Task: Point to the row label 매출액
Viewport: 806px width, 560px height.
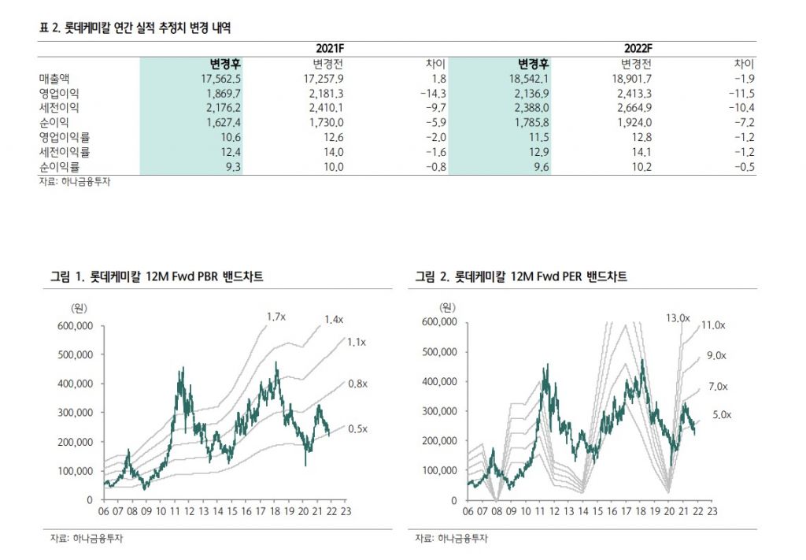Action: (x=54, y=79)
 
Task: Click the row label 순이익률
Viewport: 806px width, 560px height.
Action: (x=59, y=167)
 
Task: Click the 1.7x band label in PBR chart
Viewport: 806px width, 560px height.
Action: (x=275, y=317)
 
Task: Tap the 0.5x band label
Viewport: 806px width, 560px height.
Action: (x=358, y=428)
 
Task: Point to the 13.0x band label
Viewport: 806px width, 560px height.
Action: (x=677, y=318)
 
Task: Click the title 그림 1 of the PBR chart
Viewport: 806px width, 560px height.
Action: (x=157, y=277)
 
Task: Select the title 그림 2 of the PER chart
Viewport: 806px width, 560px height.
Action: (x=521, y=277)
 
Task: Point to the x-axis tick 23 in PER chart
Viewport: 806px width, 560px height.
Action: (x=712, y=510)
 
